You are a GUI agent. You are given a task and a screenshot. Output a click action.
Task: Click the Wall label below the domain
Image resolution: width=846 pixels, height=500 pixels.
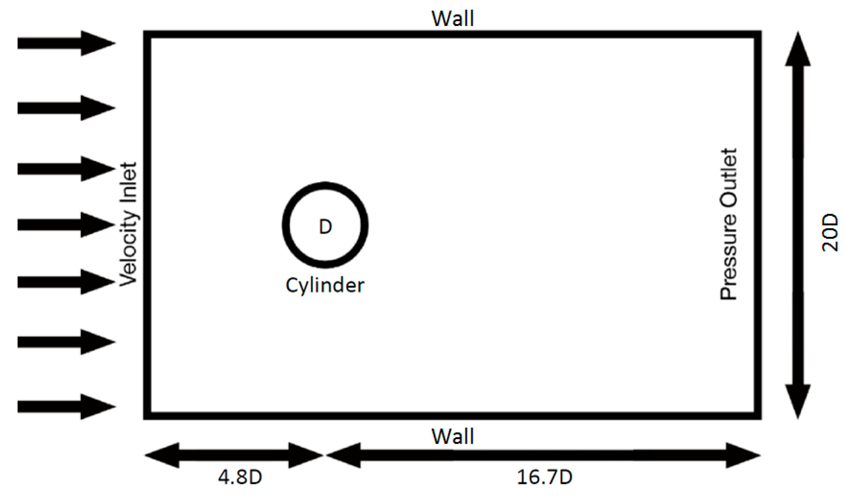pyautogui.click(x=452, y=437)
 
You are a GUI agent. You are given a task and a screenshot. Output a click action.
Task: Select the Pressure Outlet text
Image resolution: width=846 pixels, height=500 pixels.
pyautogui.click(x=728, y=224)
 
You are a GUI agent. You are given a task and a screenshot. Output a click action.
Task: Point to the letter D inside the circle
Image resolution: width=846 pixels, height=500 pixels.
pyautogui.click(x=325, y=227)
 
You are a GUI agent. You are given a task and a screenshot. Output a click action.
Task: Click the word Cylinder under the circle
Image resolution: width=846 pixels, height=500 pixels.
pyautogui.click(x=325, y=285)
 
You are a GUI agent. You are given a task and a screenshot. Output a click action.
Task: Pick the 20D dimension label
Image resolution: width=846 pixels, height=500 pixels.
pyautogui.click(x=829, y=233)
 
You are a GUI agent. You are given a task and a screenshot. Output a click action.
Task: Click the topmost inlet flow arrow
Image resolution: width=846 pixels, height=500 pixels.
pyautogui.click(x=67, y=43)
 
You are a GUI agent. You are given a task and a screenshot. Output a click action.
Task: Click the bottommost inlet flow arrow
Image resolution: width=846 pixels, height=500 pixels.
pyautogui.click(x=67, y=407)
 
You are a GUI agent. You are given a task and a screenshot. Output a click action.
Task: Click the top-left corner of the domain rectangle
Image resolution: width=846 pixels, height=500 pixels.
pyautogui.click(x=147, y=34)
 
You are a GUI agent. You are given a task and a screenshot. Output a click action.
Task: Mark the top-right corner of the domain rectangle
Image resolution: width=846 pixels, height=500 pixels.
pyautogui.click(x=758, y=34)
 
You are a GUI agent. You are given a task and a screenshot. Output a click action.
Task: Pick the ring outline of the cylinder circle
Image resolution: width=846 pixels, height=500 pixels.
pyautogui.click(x=286, y=225)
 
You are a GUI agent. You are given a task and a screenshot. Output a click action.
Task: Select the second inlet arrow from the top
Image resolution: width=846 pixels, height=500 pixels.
pyautogui.click(x=67, y=108)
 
